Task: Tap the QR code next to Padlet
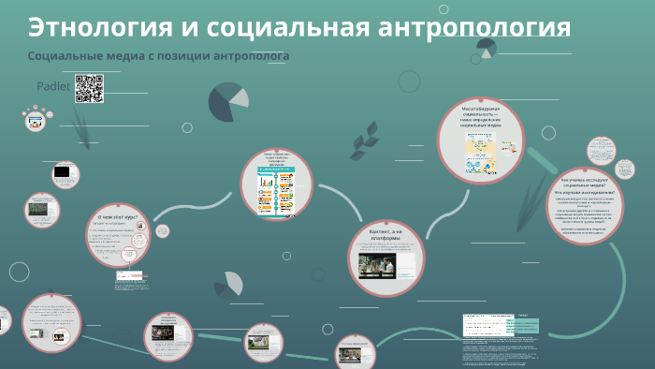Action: tap(88, 87)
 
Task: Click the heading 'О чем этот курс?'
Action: tap(117, 216)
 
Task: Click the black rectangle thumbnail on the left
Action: tap(63, 172)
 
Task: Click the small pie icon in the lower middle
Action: tap(227, 285)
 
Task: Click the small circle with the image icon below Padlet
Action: tap(36, 120)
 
